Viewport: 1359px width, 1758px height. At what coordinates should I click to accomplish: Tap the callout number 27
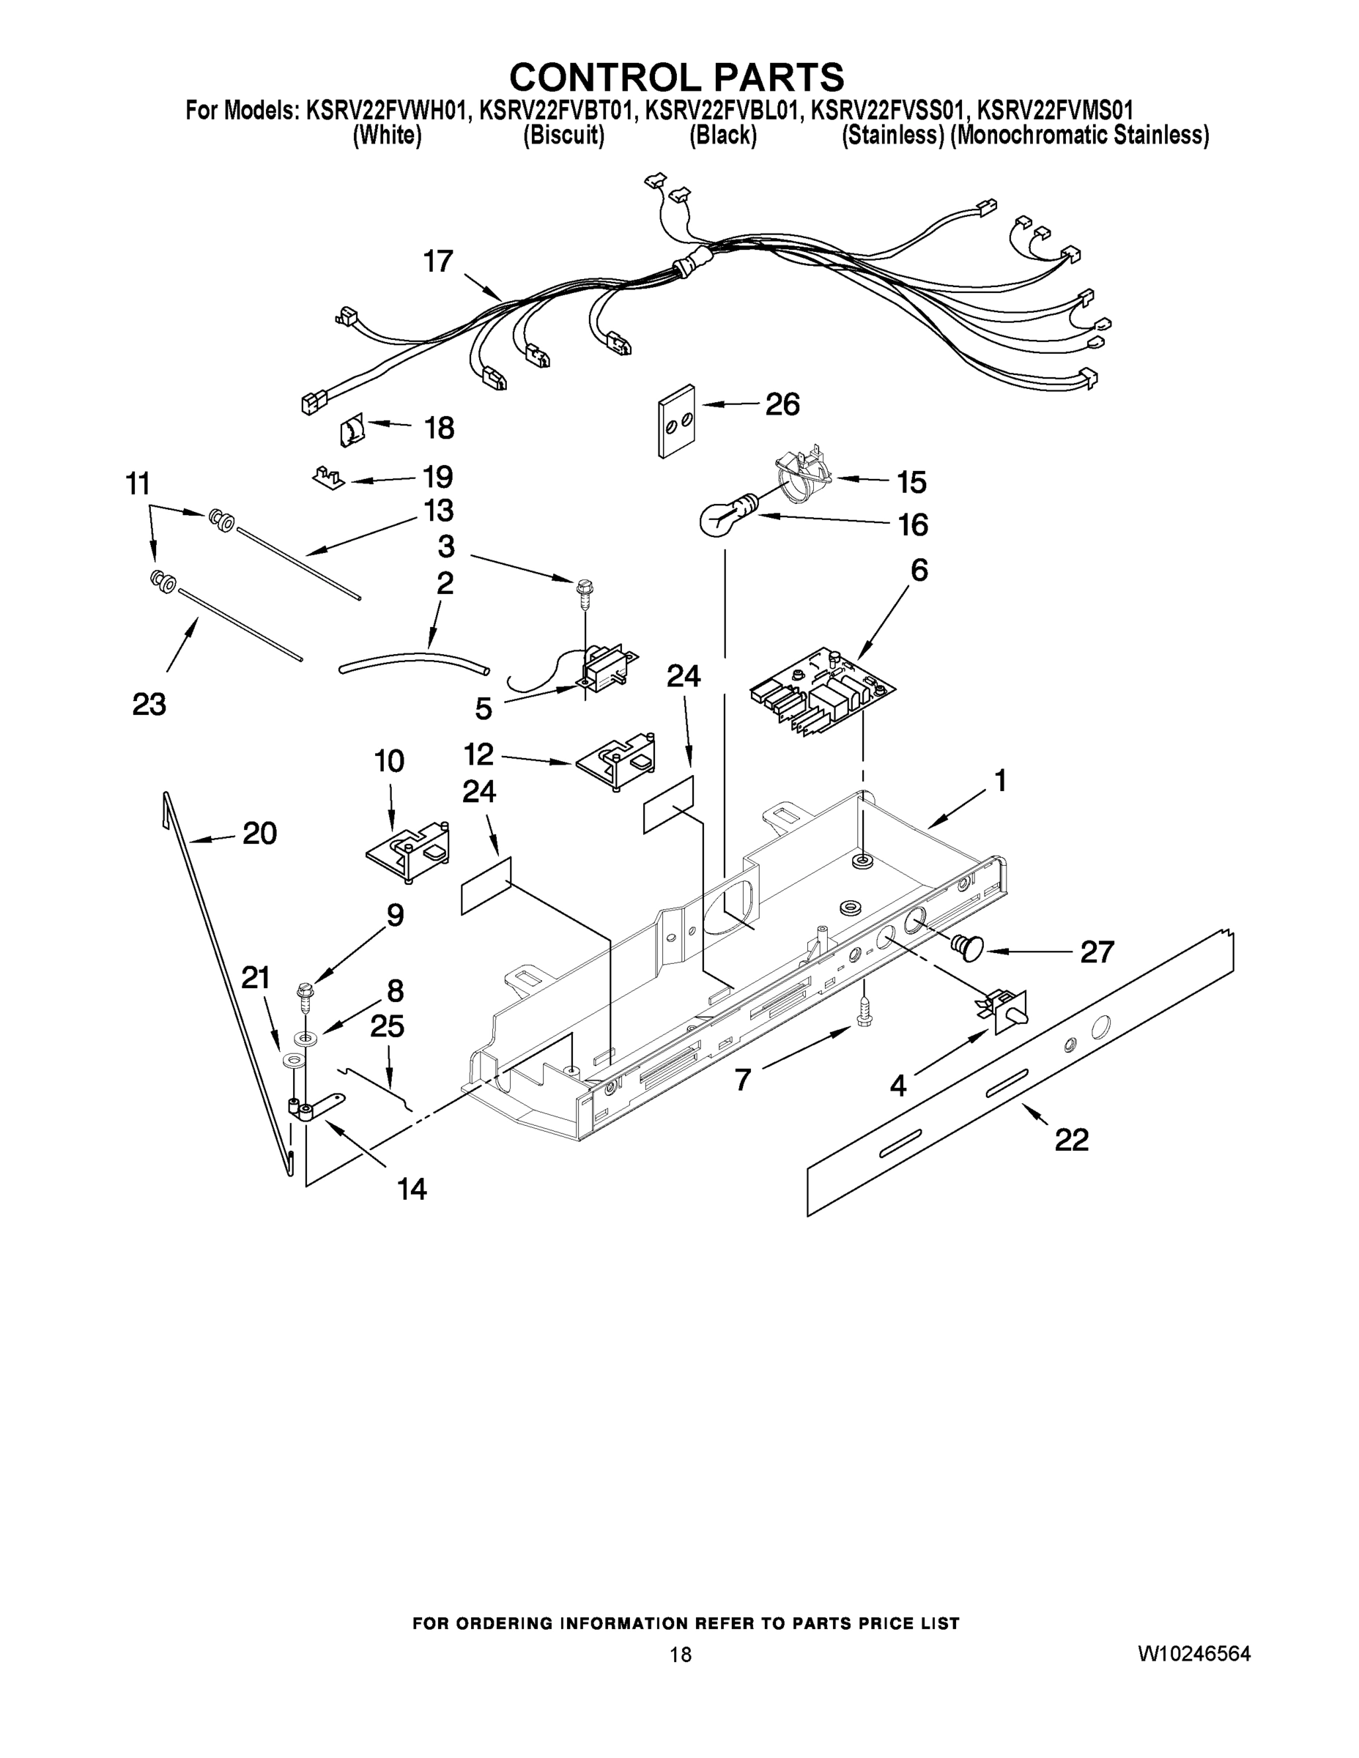coord(1097,952)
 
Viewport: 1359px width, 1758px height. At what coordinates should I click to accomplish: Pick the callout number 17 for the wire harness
coord(439,262)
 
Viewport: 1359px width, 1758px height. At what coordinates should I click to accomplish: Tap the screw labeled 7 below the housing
coord(863,1011)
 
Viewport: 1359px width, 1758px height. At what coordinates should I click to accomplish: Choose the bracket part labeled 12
coord(616,760)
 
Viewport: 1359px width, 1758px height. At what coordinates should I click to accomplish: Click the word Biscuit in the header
coord(563,136)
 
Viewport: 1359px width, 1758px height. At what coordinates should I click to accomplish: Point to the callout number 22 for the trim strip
coord(1072,1140)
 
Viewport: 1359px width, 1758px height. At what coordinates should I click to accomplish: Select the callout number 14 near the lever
coord(412,1188)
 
